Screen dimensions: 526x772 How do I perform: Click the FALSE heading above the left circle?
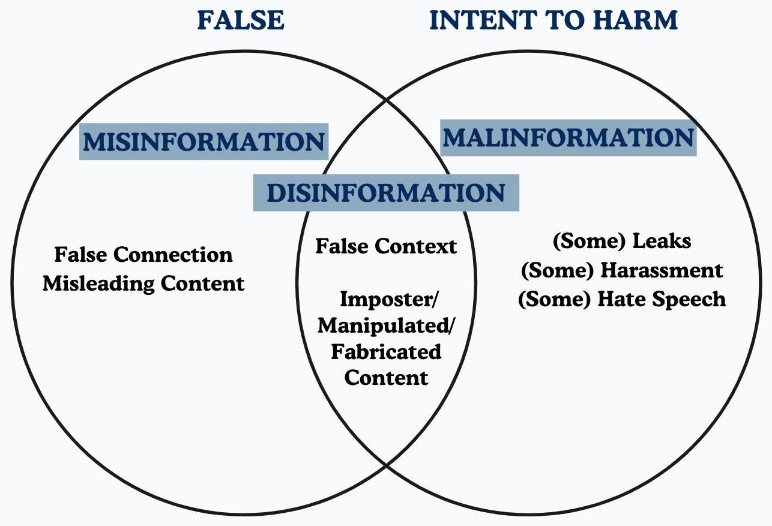[x=240, y=20]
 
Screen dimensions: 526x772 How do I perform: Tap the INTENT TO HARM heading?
[x=553, y=20]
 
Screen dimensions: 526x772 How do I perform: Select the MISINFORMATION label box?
[x=204, y=142]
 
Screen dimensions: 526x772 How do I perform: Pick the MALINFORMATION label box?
[x=568, y=138]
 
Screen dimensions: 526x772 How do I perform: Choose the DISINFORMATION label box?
[x=386, y=193]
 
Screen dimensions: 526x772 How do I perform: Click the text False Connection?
[x=143, y=255]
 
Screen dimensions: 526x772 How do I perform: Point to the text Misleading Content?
[x=143, y=283]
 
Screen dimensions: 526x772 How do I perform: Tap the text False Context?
[x=386, y=246]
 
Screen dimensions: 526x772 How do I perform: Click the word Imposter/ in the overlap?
[x=386, y=298]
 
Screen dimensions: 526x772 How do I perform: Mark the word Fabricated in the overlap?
[x=386, y=351]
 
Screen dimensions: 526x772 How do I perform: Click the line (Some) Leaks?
[x=621, y=241]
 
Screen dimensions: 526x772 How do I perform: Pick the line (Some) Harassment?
[x=621, y=270]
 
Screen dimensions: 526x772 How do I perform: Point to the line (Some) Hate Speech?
[x=621, y=298]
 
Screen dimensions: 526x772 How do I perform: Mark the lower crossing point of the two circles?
[x=386, y=464]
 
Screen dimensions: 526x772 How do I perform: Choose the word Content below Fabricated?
[x=387, y=378]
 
